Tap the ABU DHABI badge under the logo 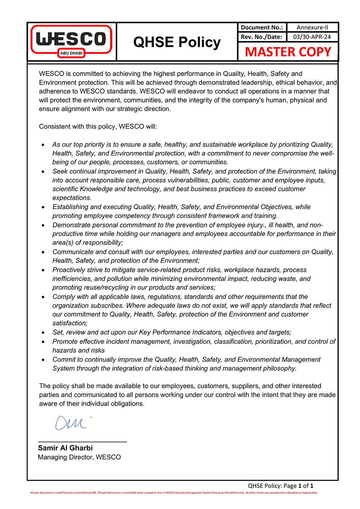(x=71, y=53)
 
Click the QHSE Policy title (x=177, y=42)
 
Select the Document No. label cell (x=262, y=27)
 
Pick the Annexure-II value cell (x=312, y=27)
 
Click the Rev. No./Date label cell (x=262, y=37)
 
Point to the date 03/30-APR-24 (x=312, y=37)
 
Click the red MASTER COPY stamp (x=288, y=52)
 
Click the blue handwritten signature (x=72, y=423)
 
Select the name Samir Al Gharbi (x=65, y=448)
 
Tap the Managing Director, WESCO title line (x=79, y=457)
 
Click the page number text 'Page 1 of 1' (x=298, y=486)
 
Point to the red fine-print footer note (x=174, y=493)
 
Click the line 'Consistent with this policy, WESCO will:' (x=98, y=127)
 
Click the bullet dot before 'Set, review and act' (x=43, y=333)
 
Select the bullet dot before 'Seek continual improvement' (x=43, y=172)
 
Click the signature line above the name (x=82, y=442)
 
